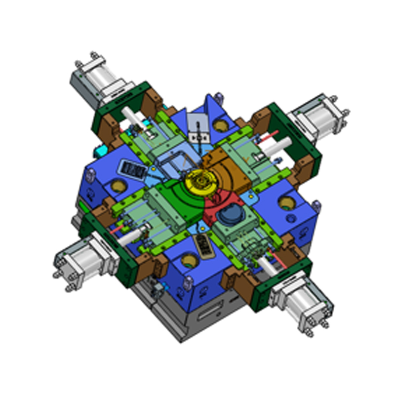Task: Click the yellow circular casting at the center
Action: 200,181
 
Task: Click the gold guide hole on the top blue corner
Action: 220,126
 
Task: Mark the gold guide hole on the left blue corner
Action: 118,186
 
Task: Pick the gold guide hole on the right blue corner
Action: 286,202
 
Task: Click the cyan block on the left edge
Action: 101,149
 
